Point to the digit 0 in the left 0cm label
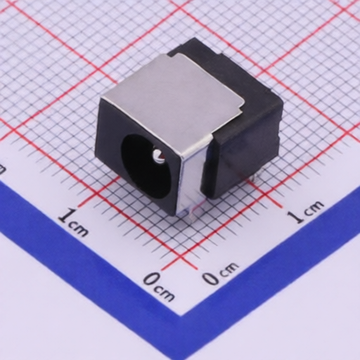[x=150, y=281]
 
